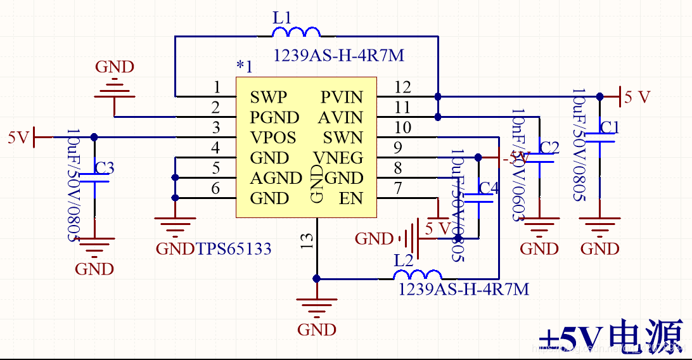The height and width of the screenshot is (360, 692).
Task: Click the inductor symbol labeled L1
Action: [296, 32]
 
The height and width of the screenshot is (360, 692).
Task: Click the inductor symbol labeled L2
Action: [418, 275]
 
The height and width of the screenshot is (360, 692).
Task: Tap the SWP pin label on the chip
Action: [268, 98]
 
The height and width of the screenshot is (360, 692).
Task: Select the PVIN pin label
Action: [342, 98]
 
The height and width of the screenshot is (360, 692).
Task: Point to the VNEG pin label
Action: [338, 158]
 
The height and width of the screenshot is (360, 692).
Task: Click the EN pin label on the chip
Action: [350, 198]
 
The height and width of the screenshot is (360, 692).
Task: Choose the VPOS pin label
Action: [272, 138]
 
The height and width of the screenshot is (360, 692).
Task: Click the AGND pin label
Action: [276, 178]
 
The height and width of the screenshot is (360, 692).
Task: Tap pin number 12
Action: [402, 87]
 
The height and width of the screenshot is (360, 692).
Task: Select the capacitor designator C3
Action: [105, 168]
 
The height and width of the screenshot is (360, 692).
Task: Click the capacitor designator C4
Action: [489, 188]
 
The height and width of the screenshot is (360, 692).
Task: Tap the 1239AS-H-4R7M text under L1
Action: [338, 56]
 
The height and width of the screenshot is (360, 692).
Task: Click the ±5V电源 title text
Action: [611, 335]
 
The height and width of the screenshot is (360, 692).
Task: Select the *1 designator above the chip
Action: [244, 66]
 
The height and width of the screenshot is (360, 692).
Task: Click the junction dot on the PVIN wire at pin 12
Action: [438, 97]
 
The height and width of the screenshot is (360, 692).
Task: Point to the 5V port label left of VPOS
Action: [18, 137]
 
